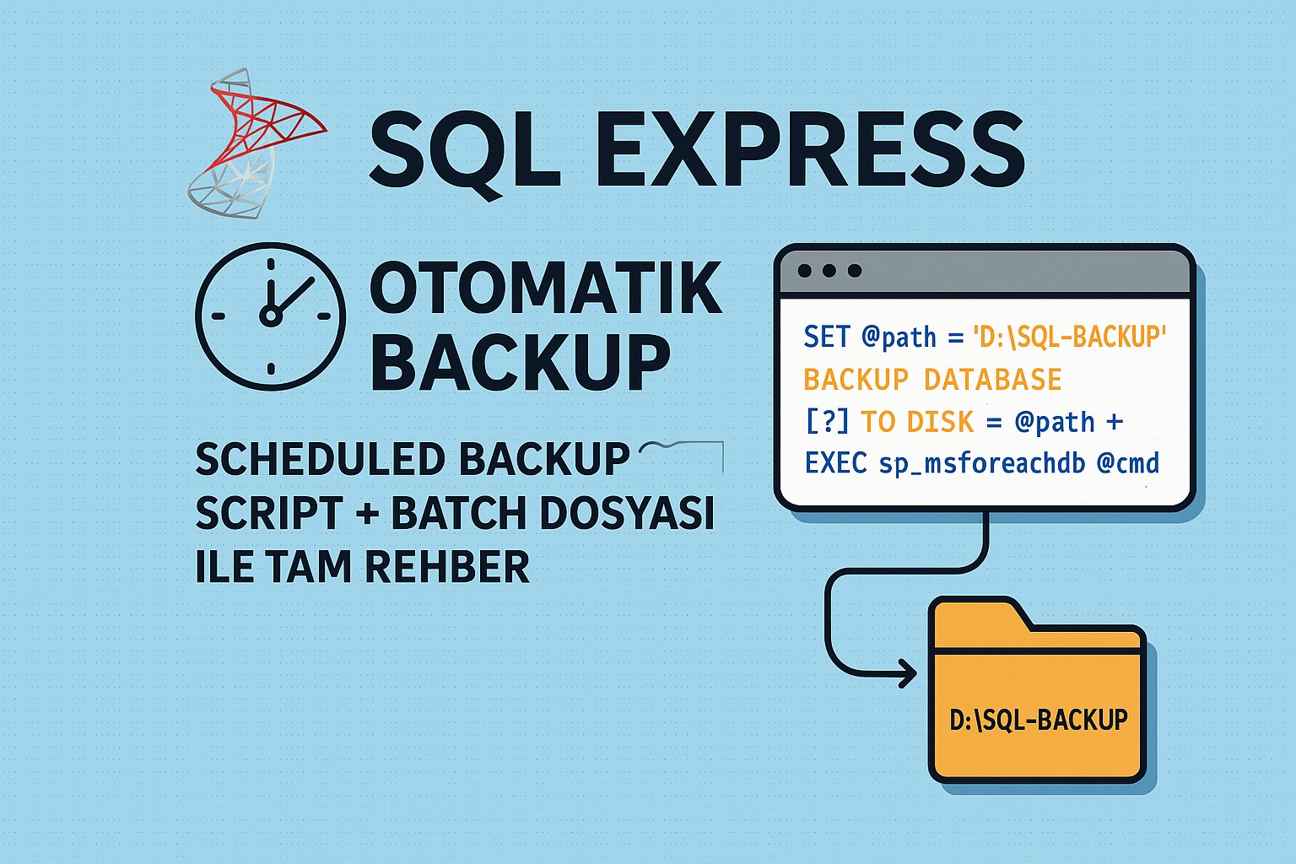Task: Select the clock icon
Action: tap(270, 316)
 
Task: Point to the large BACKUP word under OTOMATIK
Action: tap(520, 361)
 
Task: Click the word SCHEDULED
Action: tap(312, 460)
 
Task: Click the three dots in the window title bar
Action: tap(829, 271)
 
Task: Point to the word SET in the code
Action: tap(826, 337)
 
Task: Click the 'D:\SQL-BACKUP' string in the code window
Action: tap(1069, 337)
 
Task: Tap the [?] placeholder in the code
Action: tap(827, 421)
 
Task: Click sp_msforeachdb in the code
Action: tap(982, 463)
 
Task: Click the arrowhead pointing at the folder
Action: tap(908, 673)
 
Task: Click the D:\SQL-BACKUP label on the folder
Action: tap(1038, 720)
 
